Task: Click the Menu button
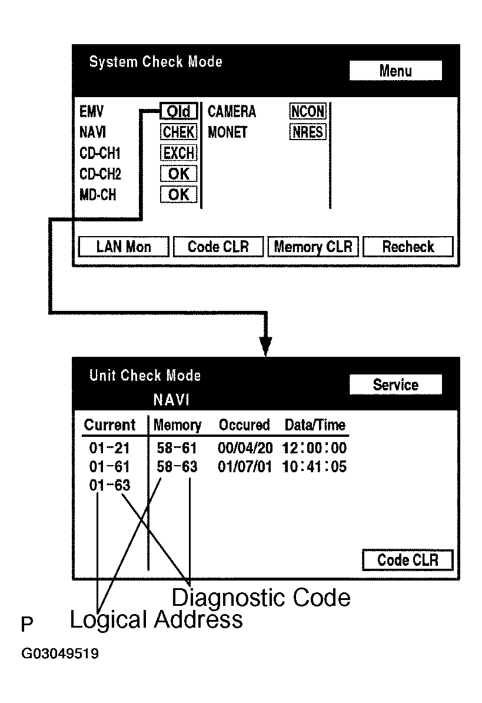[395, 71]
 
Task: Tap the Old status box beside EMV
[178, 112]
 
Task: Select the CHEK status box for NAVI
[178, 132]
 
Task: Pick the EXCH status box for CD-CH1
[178, 153]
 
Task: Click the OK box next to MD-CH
[178, 194]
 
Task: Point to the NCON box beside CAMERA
[307, 112]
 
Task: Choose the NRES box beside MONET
[307, 132]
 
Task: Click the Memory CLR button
[313, 247]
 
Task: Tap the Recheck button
[408, 247]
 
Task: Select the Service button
[395, 385]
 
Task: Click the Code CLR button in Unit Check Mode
[407, 560]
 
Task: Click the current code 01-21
[109, 449]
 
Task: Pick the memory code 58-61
[177, 449]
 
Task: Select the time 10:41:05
[315, 467]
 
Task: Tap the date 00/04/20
[245, 449]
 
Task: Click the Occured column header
[244, 425]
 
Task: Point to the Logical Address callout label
[156, 620]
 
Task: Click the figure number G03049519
[60, 654]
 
